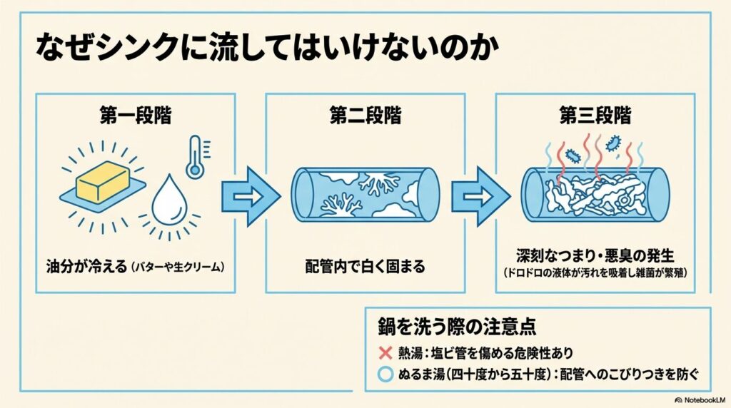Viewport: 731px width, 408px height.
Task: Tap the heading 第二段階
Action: (x=365, y=116)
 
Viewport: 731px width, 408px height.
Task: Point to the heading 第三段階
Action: (x=595, y=116)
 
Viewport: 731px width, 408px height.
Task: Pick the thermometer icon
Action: (x=194, y=158)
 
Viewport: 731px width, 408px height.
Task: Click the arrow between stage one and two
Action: (x=250, y=193)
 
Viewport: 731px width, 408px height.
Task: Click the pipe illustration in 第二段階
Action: (x=365, y=193)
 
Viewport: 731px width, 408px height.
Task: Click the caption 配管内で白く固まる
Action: (x=365, y=267)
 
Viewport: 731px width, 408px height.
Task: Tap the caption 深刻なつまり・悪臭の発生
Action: (x=595, y=256)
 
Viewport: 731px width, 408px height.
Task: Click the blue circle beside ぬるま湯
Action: (x=385, y=372)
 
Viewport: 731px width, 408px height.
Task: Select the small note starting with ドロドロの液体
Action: (x=595, y=272)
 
